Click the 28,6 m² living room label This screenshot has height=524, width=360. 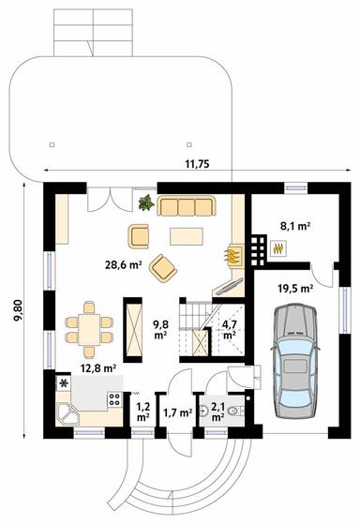(124, 265)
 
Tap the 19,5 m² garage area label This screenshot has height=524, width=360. (295, 289)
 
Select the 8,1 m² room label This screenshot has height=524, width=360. (295, 226)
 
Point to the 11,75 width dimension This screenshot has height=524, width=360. (197, 164)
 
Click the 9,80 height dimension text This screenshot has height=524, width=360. (18, 310)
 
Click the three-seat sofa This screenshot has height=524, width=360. (187, 206)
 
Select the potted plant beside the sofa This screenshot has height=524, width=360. (146, 202)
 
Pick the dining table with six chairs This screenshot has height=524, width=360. (89, 330)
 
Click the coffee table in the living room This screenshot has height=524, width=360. (187, 236)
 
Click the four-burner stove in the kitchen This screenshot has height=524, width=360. (114, 399)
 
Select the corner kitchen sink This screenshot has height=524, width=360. (67, 414)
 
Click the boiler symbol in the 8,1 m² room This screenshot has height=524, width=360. (278, 248)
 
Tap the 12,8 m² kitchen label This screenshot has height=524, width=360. (98, 368)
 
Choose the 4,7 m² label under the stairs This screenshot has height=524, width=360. (229, 329)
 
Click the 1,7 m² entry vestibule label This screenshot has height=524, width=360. (177, 413)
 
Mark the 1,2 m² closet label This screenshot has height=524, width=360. (142, 412)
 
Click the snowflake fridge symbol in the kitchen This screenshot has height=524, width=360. (63, 383)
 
